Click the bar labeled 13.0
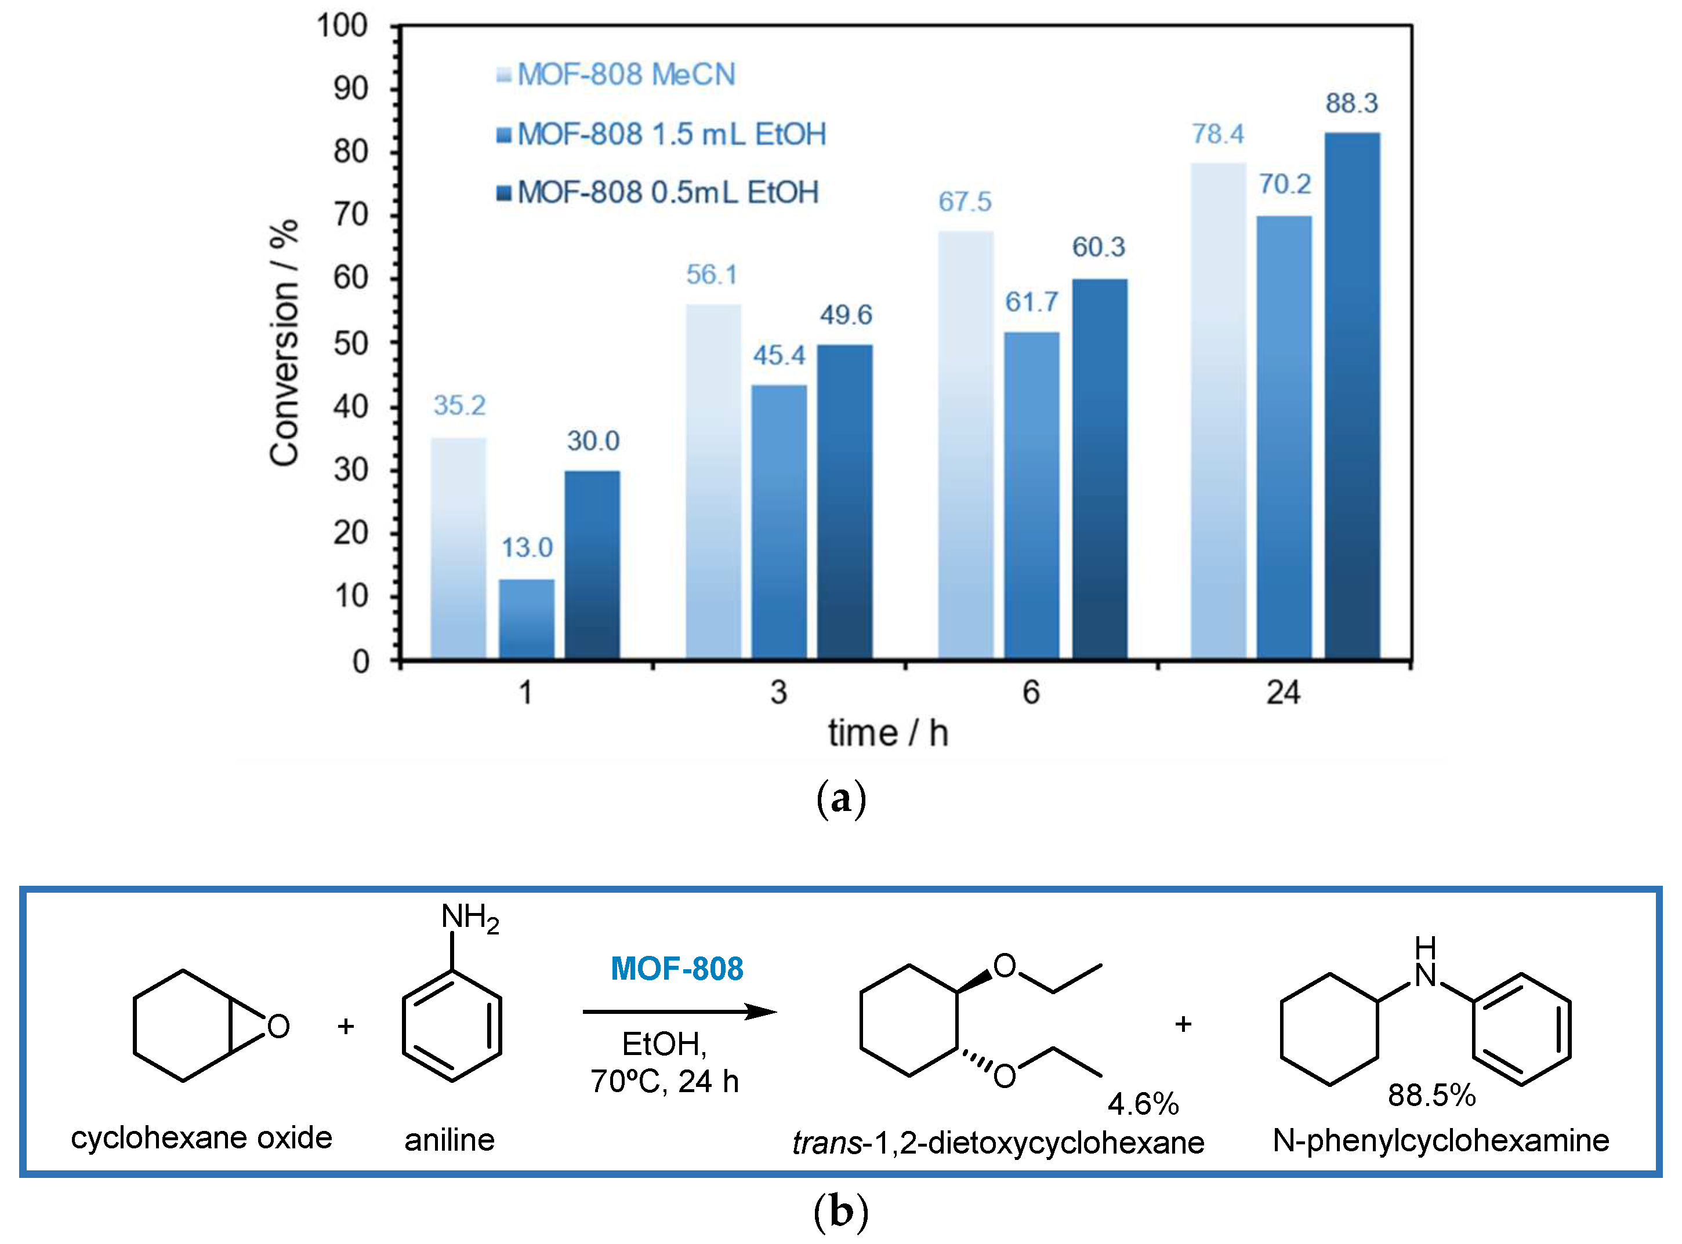tap(527, 619)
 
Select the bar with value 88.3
tap(1352, 395)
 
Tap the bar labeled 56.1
tap(713, 482)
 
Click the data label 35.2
tap(459, 406)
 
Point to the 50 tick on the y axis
tap(351, 343)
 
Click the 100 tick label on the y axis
tap(342, 26)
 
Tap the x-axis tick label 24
tap(1283, 693)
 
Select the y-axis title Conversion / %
tap(285, 343)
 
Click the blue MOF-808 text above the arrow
tap(676, 969)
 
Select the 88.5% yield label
tap(1431, 1096)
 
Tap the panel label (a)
tap(840, 798)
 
